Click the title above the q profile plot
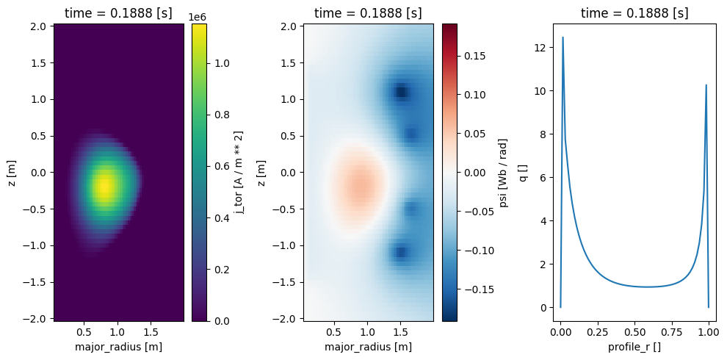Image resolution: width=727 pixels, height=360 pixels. point(634,13)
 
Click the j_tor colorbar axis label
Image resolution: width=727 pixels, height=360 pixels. point(239,172)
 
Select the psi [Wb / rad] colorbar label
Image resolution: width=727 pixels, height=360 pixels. point(504,172)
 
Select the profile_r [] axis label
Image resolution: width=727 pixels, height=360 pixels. point(634,347)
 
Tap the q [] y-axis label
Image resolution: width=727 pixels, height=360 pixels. point(524,172)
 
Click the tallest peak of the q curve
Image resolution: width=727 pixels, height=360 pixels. point(563,37)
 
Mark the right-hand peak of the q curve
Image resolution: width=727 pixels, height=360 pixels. point(706,85)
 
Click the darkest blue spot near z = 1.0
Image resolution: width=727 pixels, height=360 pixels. point(401,92)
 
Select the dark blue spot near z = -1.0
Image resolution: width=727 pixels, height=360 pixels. point(401,252)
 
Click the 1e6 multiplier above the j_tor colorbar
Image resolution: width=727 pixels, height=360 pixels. point(198,16)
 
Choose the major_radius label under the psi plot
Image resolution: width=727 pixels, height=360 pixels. point(368,347)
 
